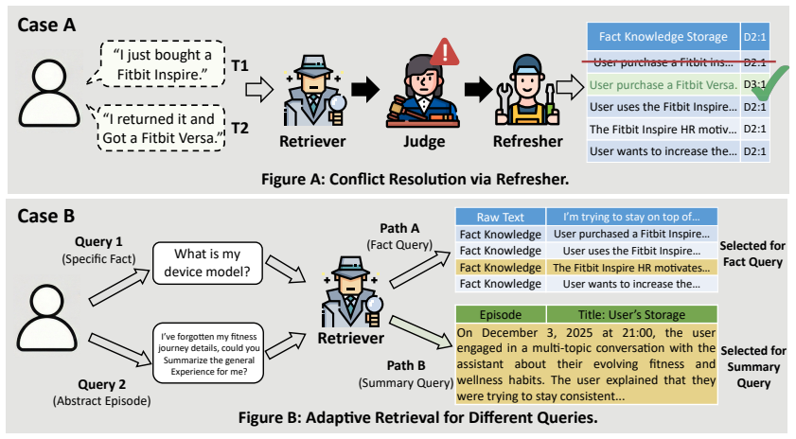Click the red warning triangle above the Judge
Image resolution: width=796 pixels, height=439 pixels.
[x=444, y=52]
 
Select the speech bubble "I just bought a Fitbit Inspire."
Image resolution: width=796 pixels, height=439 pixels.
[x=163, y=64]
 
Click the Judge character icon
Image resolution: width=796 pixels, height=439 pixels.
[x=423, y=92]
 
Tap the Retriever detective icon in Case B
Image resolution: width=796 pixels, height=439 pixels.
[x=351, y=291]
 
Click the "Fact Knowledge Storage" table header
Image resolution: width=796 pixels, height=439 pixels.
[x=663, y=37]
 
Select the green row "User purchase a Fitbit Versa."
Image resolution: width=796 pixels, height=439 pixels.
[x=663, y=85]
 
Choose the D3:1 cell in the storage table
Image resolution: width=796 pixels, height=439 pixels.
[x=755, y=85]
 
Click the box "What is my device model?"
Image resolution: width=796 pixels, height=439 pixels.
[x=207, y=263]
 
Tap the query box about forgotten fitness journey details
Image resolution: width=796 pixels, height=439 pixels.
[x=208, y=353]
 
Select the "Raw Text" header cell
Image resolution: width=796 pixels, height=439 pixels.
[x=500, y=218]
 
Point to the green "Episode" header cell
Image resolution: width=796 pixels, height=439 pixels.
[x=501, y=315]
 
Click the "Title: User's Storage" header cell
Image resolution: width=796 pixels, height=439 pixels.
[x=631, y=315]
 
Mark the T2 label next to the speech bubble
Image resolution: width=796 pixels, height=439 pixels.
[x=240, y=128]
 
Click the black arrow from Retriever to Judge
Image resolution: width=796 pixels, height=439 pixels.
[x=365, y=89]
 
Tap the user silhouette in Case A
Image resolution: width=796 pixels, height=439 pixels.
[x=49, y=94]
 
